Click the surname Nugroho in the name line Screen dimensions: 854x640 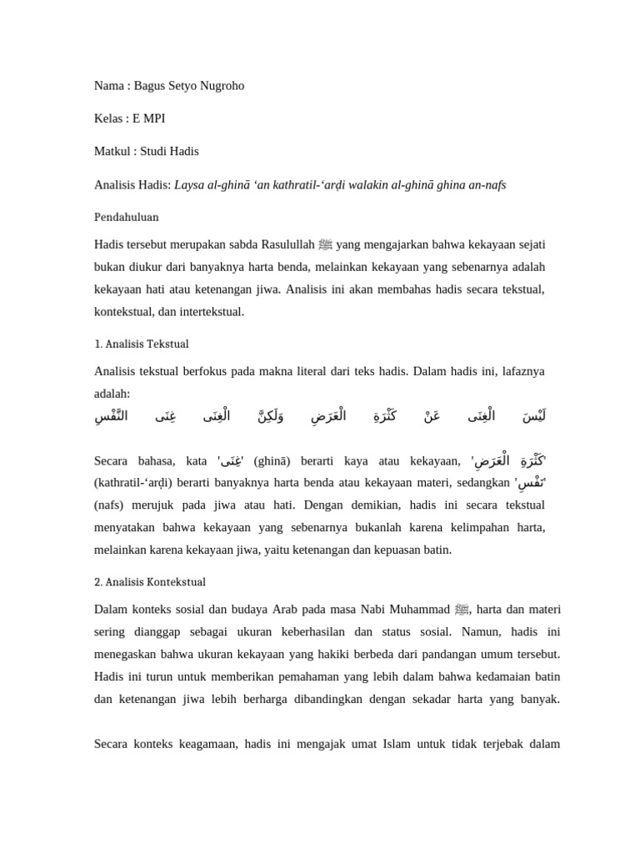(x=220, y=86)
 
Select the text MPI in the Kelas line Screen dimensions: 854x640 (x=154, y=118)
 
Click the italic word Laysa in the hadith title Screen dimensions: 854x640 (x=189, y=184)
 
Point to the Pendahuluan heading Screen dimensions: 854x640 (x=127, y=217)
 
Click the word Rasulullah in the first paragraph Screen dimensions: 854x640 (x=287, y=244)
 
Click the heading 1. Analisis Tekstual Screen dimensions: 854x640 (x=142, y=344)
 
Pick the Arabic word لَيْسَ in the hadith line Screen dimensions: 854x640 (x=533, y=416)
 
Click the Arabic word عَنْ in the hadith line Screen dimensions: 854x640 (x=432, y=416)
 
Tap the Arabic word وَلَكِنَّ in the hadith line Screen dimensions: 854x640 (x=270, y=416)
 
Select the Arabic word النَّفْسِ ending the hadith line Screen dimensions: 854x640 (x=111, y=416)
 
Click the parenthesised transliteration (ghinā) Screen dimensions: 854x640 (x=271, y=461)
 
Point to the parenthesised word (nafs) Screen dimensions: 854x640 (x=111, y=505)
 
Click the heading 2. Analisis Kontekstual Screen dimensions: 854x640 (x=150, y=582)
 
